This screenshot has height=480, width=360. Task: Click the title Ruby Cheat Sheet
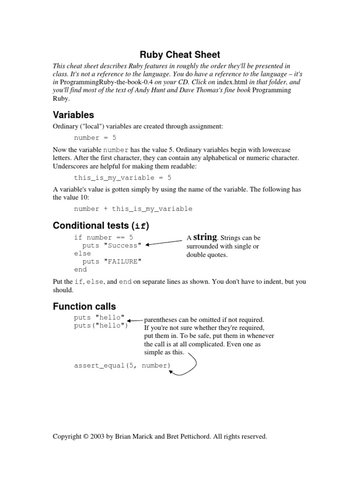[x=180, y=54]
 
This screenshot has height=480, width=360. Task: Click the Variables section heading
[x=73, y=114]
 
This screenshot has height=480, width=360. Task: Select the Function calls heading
[x=84, y=307]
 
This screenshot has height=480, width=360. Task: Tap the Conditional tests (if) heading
[x=101, y=225]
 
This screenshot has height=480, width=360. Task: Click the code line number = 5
[x=95, y=138]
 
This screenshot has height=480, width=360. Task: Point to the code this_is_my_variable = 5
[x=123, y=178]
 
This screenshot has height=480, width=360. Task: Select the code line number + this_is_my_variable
[x=133, y=209]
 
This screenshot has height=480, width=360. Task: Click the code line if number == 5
[x=104, y=238]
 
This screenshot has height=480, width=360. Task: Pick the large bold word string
[x=205, y=237]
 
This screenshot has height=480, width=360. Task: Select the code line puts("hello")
[x=101, y=326]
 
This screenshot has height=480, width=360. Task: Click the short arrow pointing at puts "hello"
[x=135, y=321]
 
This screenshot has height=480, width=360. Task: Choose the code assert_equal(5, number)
[x=122, y=365]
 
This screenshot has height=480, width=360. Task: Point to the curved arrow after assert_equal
[x=190, y=363]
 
